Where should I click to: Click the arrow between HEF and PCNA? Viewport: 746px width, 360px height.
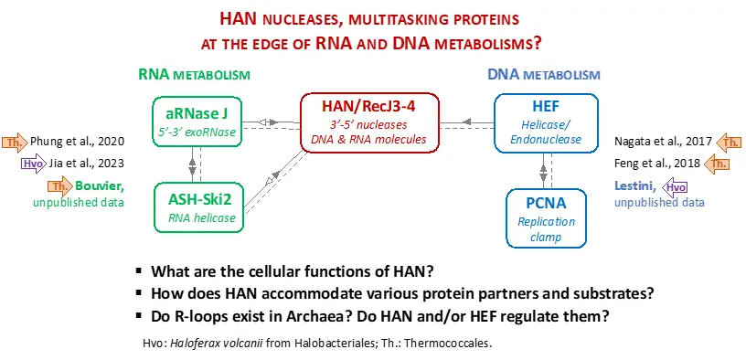click(x=544, y=169)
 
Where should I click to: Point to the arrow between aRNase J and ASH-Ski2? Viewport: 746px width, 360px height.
click(x=193, y=164)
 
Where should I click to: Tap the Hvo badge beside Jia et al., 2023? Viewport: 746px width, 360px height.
click(x=34, y=164)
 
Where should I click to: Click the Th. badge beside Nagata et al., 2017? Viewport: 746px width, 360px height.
click(x=729, y=142)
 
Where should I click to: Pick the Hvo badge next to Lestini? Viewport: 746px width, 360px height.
click(x=675, y=187)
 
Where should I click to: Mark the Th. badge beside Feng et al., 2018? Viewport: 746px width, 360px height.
click(x=717, y=164)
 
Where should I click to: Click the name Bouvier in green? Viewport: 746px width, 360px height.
click(x=99, y=186)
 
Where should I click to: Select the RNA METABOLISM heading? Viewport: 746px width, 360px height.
click(x=194, y=75)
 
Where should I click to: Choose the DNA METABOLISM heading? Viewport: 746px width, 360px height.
click(x=544, y=75)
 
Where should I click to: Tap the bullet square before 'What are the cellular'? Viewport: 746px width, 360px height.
click(x=139, y=271)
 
